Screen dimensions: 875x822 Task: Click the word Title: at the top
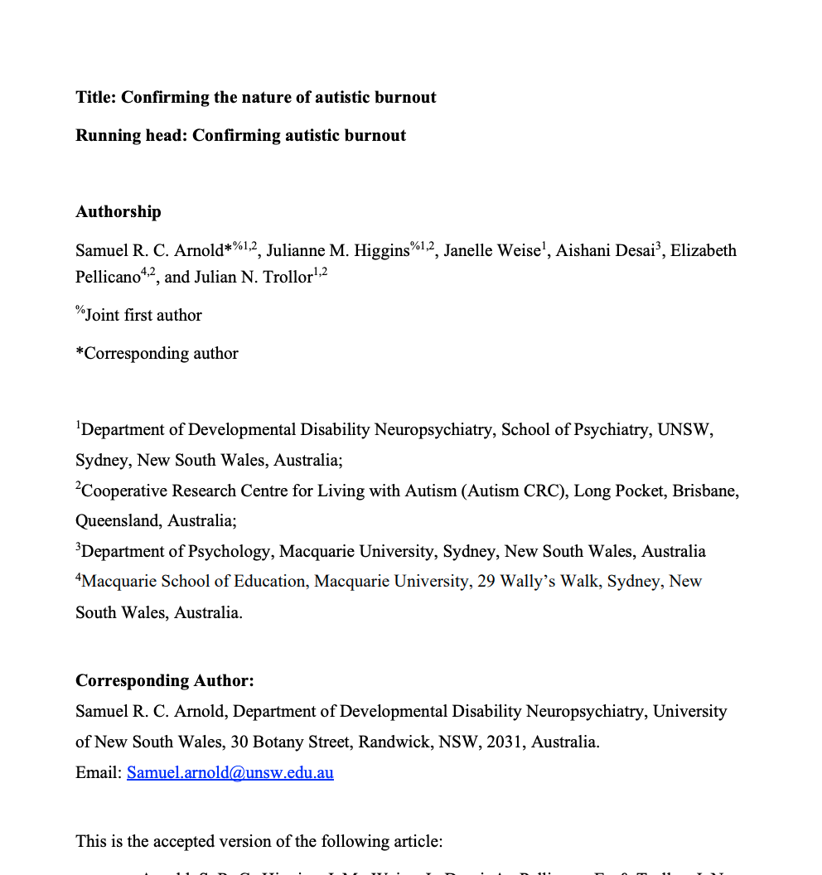96,97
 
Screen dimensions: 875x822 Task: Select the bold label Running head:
132,135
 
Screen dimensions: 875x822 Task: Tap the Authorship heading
118,211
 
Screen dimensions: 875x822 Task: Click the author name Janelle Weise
491,250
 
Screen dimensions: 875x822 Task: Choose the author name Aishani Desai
605,250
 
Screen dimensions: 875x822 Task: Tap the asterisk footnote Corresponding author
161,353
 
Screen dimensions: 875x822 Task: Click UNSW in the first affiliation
684,429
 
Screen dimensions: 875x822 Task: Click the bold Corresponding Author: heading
165,680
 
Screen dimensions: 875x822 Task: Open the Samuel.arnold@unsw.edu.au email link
230,772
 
